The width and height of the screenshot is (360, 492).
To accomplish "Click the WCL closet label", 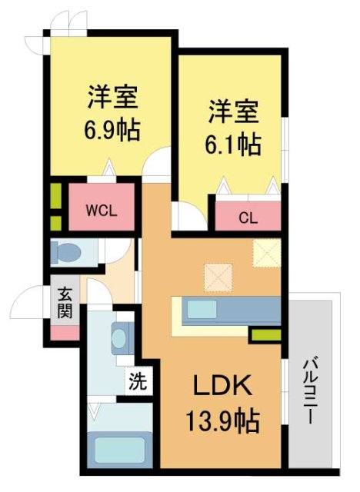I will pyautogui.click(x=101, y=211).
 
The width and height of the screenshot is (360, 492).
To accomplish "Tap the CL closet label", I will pyautogui.click(x=246, y=218).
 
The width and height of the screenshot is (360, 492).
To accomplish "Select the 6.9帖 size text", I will pyautogui.click(x=112, y=129).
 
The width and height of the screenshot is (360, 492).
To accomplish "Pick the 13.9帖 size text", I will pyautogui.click(x=222, y=421).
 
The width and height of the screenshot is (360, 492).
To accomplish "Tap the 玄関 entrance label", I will pyautogui.click(x=64, y=304).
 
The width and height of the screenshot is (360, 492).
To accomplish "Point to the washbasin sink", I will pyautogui.click(x=121, y=337).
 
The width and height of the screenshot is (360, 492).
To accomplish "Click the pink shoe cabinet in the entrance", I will pyautogui.click(x=64, y=334).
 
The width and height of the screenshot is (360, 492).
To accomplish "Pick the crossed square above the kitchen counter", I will pyautogui.click(x=218, y=275).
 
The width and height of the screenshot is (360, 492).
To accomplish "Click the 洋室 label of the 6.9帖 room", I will pyautogui.click(x=112, y=98).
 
